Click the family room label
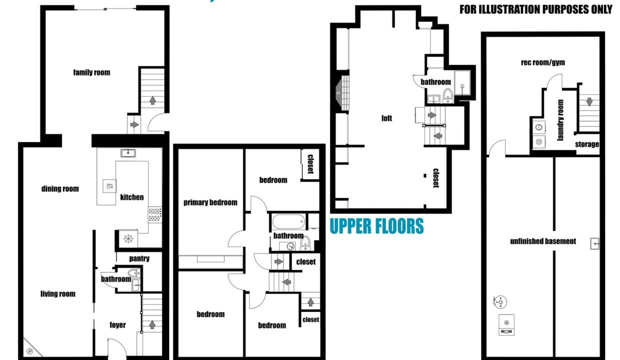91,72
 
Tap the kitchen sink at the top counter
128,153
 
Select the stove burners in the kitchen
154,214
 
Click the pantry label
139,258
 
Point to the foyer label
117,325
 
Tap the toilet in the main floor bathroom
134,273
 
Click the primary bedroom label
210,202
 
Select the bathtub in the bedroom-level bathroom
288,221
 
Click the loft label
386,118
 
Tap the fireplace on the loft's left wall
342,93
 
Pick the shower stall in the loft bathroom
462,82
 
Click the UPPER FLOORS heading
376,226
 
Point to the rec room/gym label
543,62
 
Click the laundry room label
560,120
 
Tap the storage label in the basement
587,144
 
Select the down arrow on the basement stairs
589,102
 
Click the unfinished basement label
543,241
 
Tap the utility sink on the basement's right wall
595,243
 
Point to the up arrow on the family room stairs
152,100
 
